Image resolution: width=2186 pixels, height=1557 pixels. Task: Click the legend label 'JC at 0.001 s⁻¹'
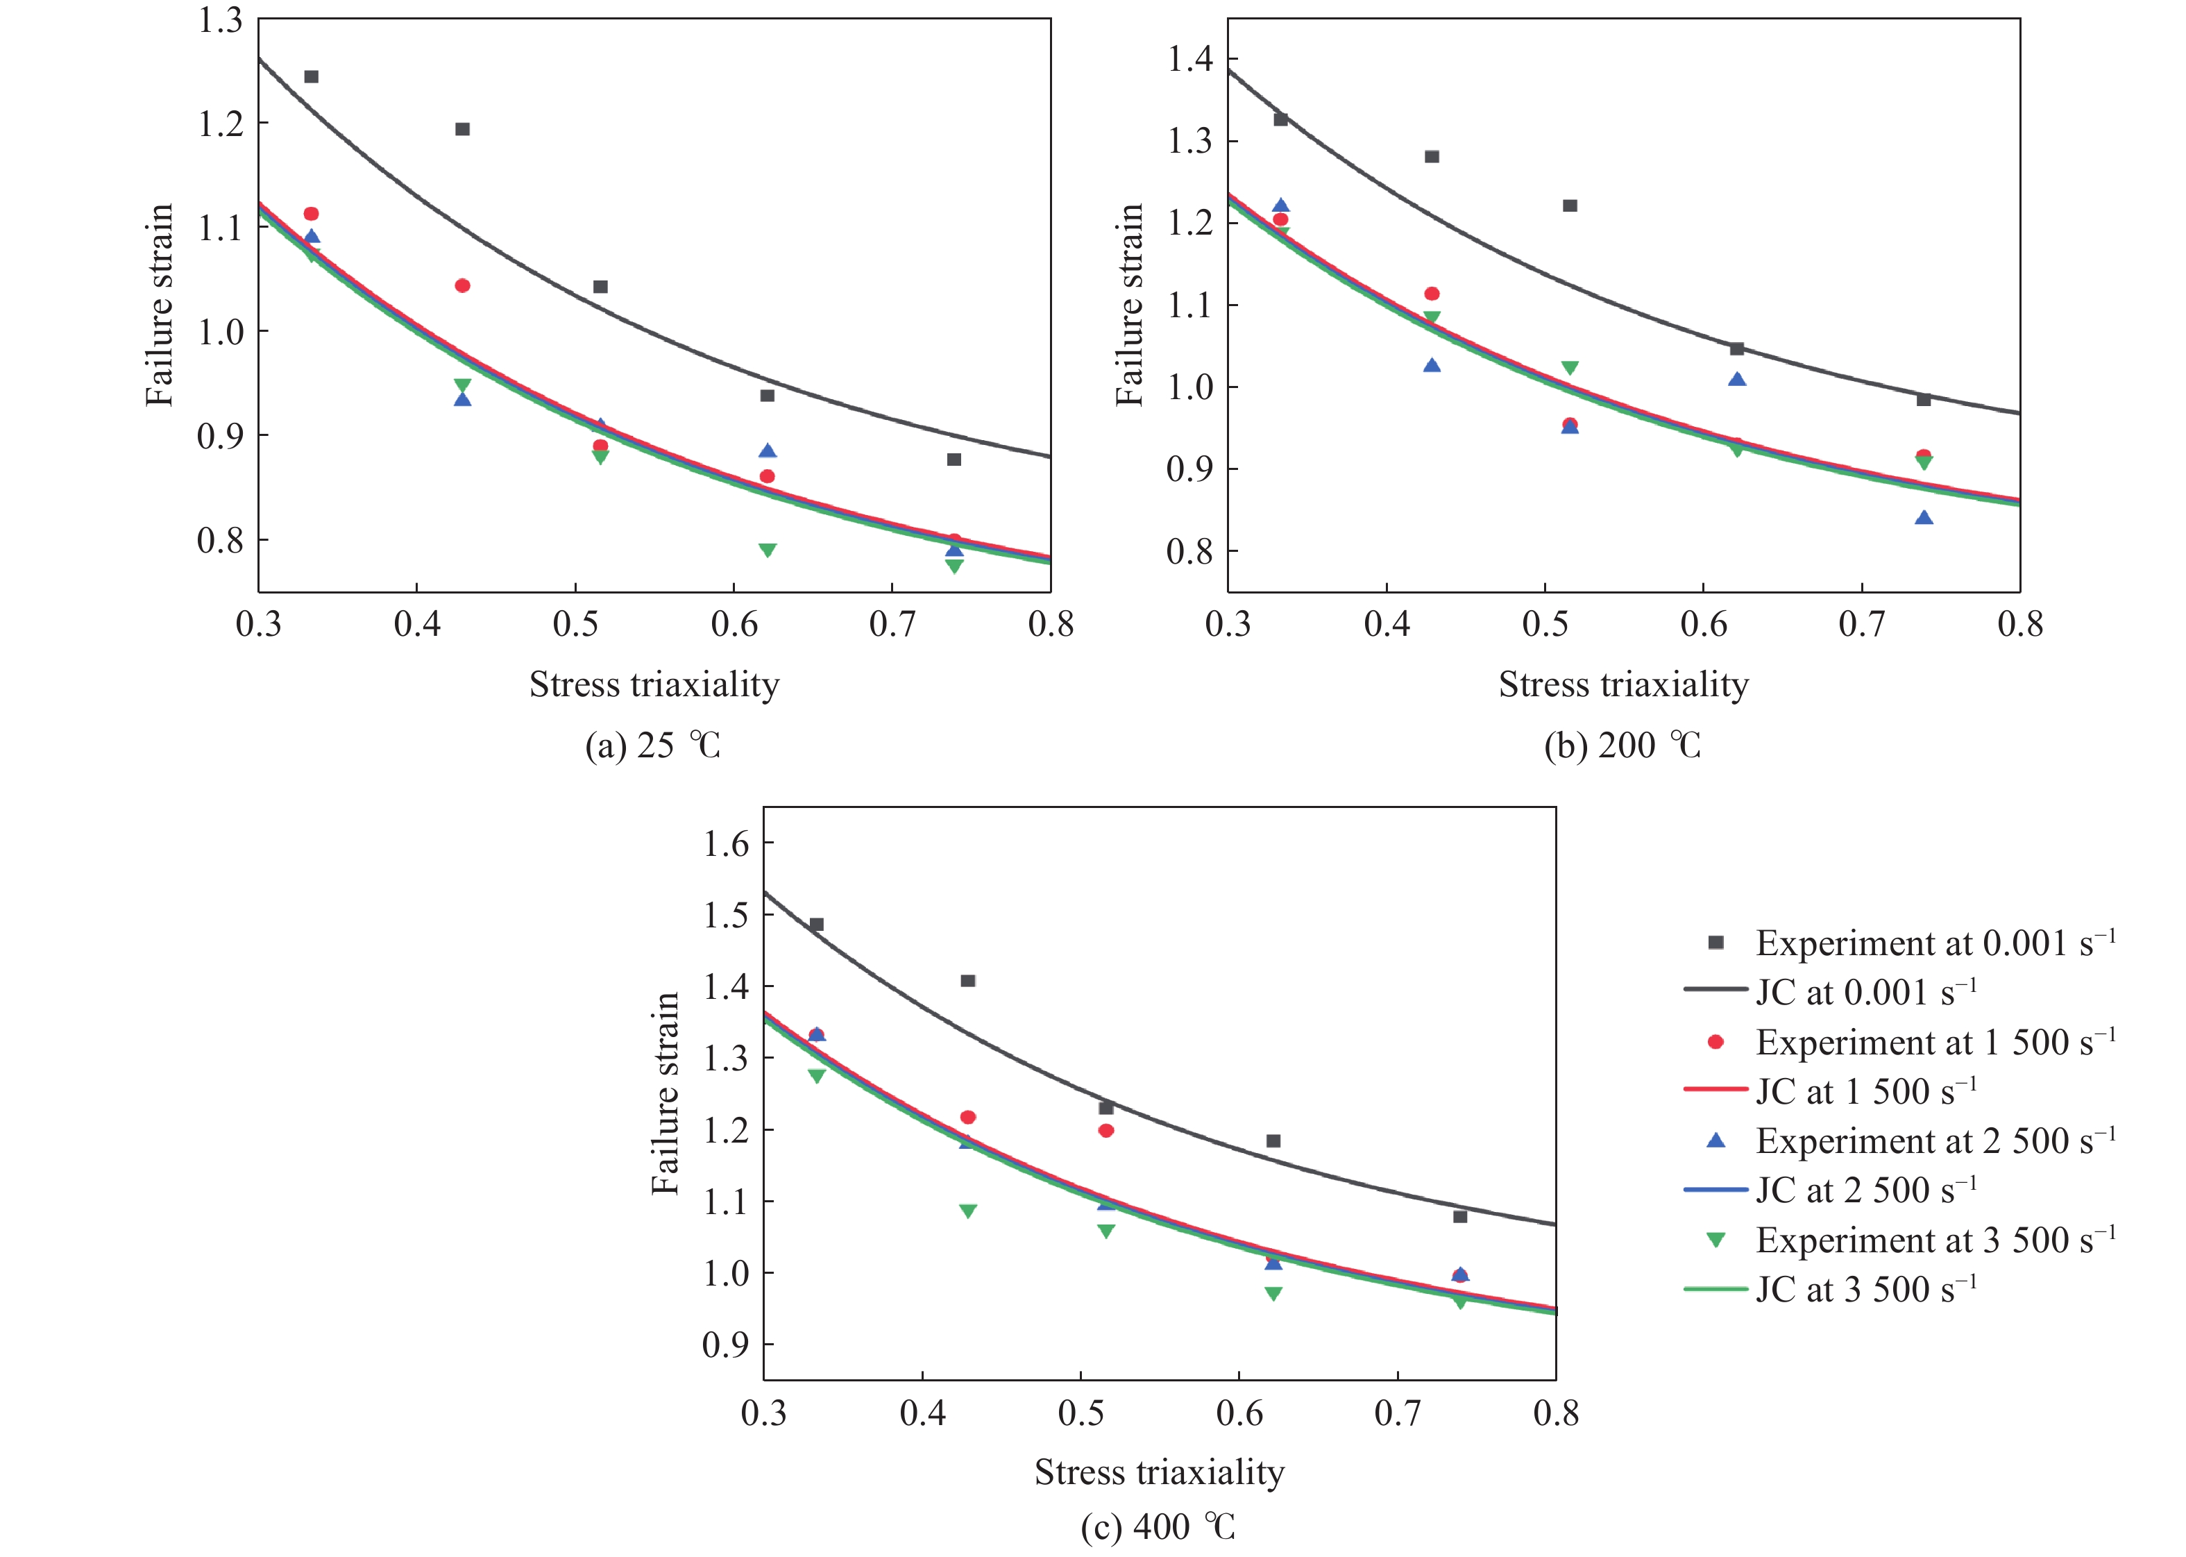coord(1865,992)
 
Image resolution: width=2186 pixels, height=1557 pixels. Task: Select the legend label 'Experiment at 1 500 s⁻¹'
coord(1935,1042)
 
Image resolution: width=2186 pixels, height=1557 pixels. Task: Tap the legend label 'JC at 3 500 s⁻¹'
coord(1865,1290)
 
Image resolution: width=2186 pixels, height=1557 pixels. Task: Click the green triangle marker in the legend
coord(1715,1240)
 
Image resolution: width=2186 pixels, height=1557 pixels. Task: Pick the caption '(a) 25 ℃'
coord(652,745)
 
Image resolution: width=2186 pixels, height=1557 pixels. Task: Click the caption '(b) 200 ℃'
coord(1622,745)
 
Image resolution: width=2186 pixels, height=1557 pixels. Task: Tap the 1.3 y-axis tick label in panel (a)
coord(221,20)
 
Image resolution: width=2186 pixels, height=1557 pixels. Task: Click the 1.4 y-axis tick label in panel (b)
coord(1189,60)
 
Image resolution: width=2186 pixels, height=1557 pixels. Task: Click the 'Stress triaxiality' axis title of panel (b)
coord(1623,684)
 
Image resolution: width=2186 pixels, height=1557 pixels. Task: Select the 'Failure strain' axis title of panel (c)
coord(664,1094)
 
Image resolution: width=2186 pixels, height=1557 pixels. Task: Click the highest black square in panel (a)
coord(312,76)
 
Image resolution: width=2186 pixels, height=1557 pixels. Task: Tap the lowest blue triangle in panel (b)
coord(1924,518)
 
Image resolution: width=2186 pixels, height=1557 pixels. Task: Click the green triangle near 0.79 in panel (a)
coord(767,550)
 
